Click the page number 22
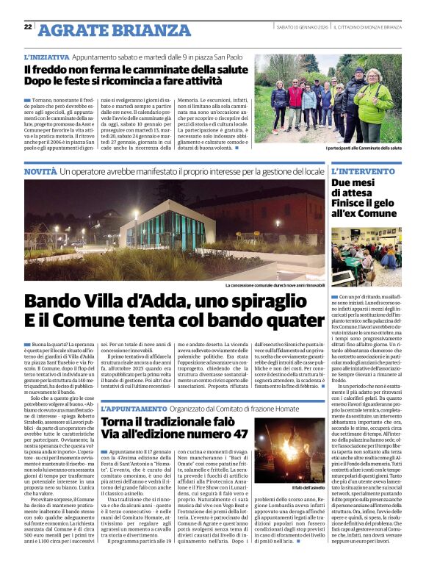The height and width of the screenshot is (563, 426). point(28,26)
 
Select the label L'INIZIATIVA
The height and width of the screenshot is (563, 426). point(46,56)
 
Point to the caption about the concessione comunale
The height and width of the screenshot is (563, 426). point(274,284)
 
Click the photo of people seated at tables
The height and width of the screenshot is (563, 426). point(367,257)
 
